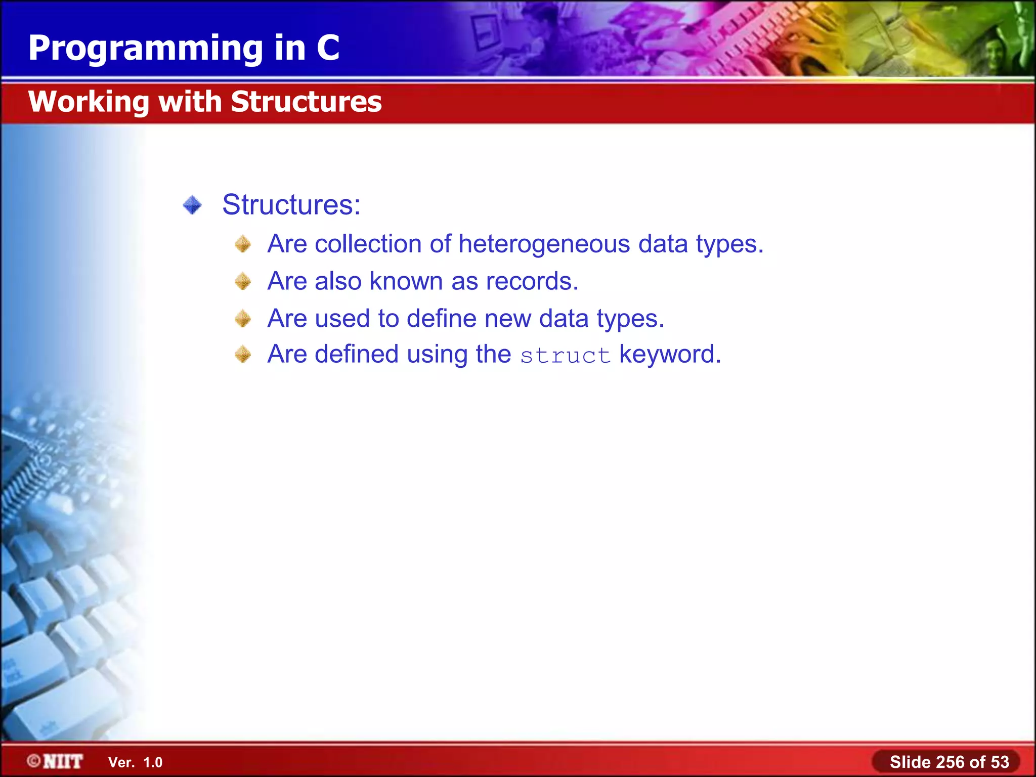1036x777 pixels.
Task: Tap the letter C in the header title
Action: (328, 48)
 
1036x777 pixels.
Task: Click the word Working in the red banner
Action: (89, 102)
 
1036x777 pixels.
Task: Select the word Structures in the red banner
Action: (306, 102)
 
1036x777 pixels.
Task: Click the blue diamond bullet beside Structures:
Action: (192, 205)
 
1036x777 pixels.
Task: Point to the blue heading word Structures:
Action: (291, 205)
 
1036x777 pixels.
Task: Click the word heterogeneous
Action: (544, 244)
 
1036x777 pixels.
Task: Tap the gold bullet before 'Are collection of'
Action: (243, 244)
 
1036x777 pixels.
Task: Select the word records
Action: (532, 281)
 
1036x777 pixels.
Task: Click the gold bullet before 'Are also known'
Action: (243, 281)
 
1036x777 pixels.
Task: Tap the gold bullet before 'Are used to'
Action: (243, 319)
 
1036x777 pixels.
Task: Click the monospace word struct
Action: (565, 356)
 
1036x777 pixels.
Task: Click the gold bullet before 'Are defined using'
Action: (243, 355)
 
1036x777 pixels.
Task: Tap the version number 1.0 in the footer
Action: (153, 762)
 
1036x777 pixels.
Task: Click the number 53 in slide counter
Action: (1000, 762)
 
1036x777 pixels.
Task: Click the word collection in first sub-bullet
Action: (368, 244)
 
